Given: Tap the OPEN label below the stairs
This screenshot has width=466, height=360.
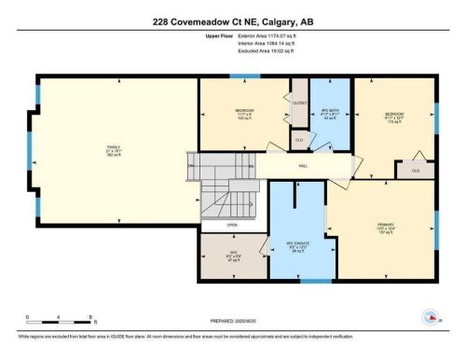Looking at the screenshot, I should (x=233, y=225).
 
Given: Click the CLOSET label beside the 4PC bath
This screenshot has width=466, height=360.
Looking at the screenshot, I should (x=298, y=104).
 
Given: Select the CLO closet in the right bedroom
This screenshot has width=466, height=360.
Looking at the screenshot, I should (x=416, y=170).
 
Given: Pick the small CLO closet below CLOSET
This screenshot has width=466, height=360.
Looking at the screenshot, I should (x=298, y=140).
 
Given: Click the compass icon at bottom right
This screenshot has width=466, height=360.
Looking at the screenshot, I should (x=431, y=316).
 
